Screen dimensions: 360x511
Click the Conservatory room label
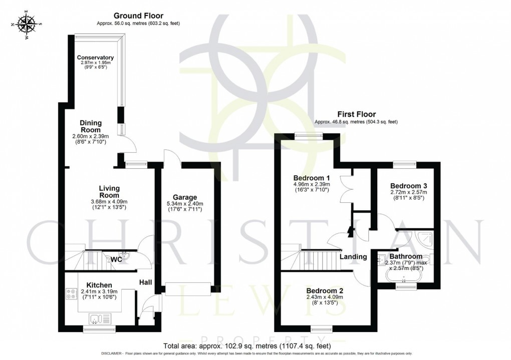pos(95,58)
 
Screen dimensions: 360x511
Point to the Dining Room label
pos(91,126)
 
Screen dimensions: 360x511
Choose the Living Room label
pos(109,192)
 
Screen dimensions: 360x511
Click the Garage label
pos(185,197)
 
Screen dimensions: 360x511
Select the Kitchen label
pos(99,285)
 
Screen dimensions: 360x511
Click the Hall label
pos(146,283)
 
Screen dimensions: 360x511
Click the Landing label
pos(354,257)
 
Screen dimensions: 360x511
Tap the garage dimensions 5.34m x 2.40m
pos(185,204)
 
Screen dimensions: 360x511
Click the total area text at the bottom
pos(247,345)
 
